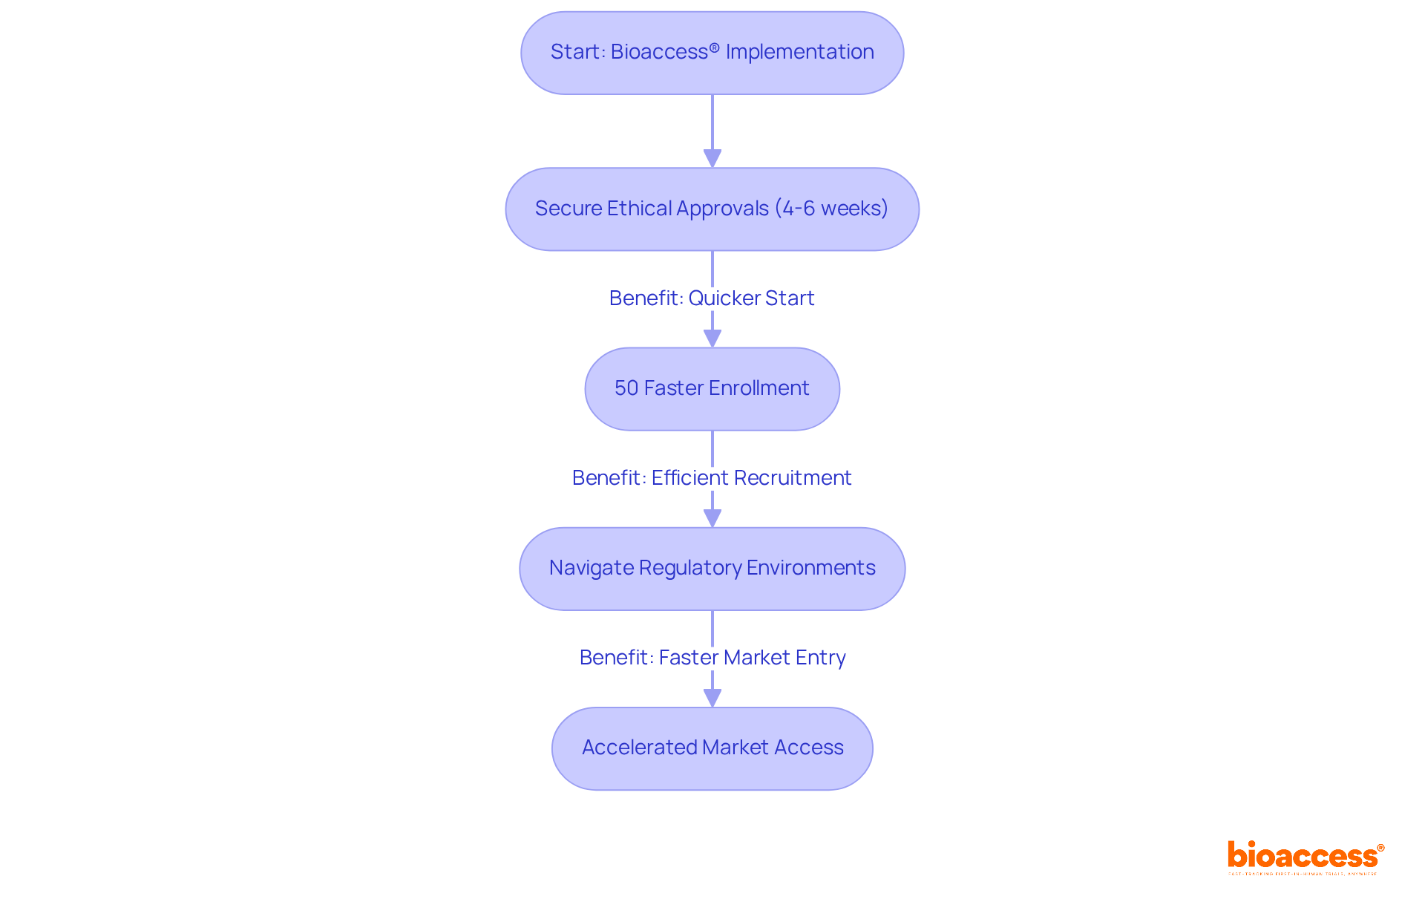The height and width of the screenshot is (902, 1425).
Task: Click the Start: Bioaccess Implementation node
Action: [x=712, y=53]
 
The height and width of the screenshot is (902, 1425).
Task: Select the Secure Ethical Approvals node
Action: [x=712, y=209]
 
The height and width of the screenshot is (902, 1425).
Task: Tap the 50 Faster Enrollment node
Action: [x=712, y=388]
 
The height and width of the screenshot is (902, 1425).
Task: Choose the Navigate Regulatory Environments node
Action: [x=712, y=568]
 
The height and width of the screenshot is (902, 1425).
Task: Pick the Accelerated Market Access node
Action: [x=712, y=748]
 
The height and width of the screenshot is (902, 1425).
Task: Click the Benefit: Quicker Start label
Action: [x=712, y=298]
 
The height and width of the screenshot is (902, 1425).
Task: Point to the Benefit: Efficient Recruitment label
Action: [x=712, y=477]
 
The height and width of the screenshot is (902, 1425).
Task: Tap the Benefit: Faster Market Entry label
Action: [x=712, y=657]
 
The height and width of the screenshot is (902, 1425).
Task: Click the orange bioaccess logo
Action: [x=1305, y=857]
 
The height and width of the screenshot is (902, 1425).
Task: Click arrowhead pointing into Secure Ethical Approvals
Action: [x=712, y=158]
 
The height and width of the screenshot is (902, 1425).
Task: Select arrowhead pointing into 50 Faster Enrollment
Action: [x=712, y=338]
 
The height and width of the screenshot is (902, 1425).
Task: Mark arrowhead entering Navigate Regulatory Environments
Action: [x=712, y=517]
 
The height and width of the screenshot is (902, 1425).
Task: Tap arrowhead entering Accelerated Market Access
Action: [x=712, y=697]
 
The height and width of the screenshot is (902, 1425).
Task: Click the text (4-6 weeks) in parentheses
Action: [x=831, y=208]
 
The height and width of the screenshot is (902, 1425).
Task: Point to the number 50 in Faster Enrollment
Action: [x=626, y=388]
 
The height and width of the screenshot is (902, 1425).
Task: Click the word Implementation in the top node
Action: [x=799, y=52]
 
